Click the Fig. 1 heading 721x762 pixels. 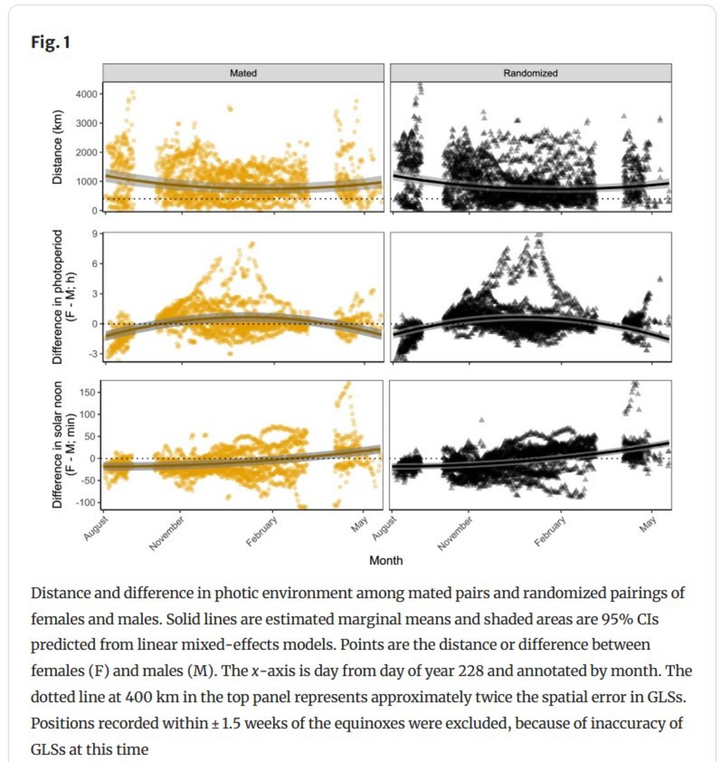[x=51, y=42]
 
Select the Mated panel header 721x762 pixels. [x=243, y=73]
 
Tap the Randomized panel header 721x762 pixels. [x=530, y=73]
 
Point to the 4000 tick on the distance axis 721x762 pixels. [x=87, y=94]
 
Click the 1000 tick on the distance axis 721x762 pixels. [x=87, y=182]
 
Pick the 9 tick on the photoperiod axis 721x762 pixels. [x=95, y=233]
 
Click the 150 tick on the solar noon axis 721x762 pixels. [x=88, y=393]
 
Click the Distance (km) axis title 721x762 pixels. [x=57, y=147]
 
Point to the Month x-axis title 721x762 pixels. [x=386, y=560]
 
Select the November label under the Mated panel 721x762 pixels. [x=167, y=533]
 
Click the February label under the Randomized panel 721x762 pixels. [x=550, y=532]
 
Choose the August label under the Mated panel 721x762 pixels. [x=96, y=528]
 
